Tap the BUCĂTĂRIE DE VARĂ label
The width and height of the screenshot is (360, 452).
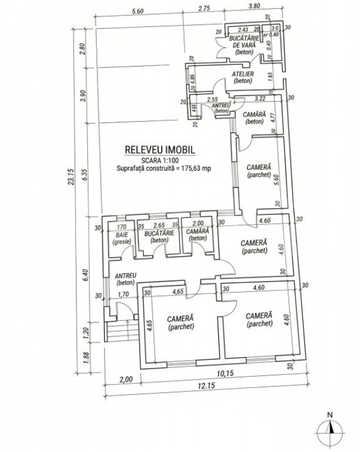pos(243,44)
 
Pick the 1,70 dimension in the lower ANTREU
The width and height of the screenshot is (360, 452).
pos(123,294)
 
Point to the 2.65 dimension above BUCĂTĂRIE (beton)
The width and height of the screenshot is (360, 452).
pos(158,224)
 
